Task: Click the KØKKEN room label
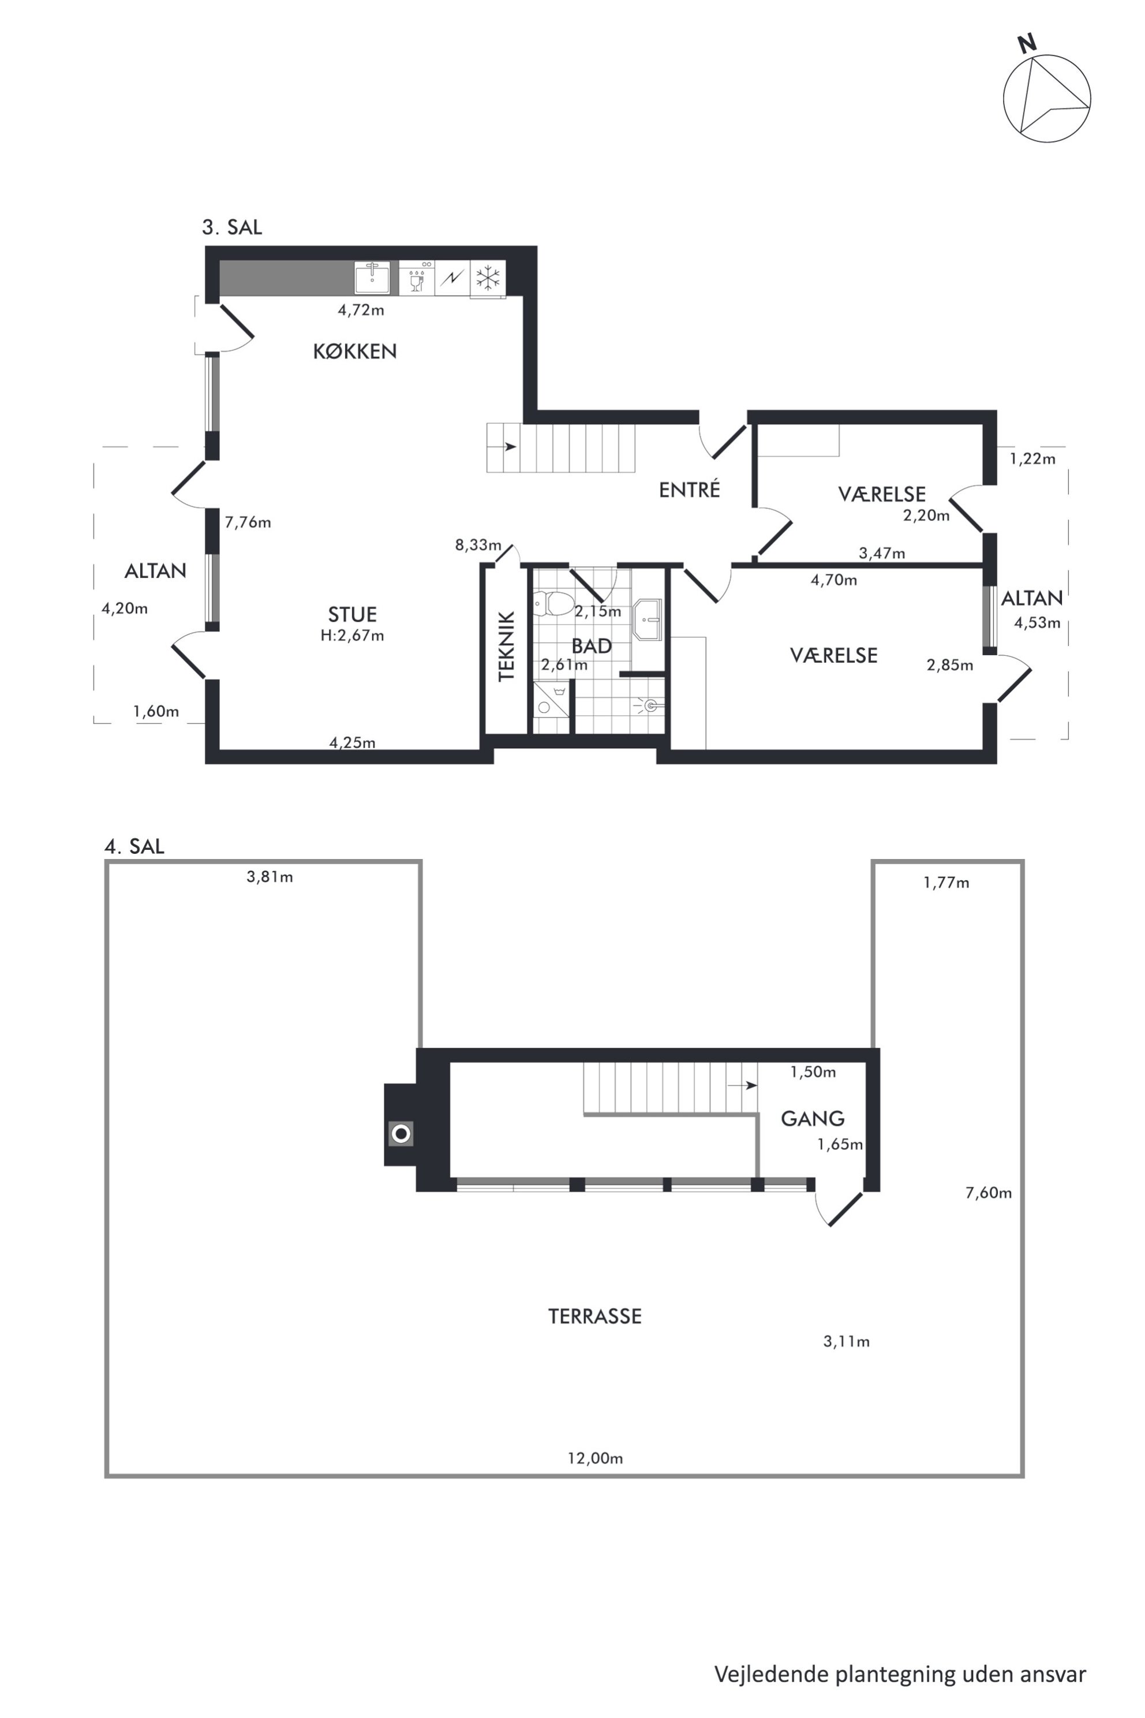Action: click(x=355, y=352)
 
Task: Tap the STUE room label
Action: click(x=352, y=614)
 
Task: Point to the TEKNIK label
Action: click(x=506, y=647)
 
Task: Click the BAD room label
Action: click(x=592, y=646)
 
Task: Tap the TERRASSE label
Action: click(x=594, y=1316)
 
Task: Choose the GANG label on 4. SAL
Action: click(x=813, y=1118)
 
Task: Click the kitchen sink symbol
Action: click(x=372, y=278)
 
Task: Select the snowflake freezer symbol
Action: click(x=488, y=278)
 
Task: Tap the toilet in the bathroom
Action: click(x=552, y=603)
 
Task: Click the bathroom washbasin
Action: click(x=647, y=619)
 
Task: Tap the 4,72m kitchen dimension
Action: click(x=361, y=309)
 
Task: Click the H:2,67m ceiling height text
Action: click(x=352, y=636)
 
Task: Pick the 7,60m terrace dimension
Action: click(x=989, y=1193)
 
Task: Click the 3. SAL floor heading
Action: click(x=232, y=227)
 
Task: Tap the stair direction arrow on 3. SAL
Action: click(x=510, y=446)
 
